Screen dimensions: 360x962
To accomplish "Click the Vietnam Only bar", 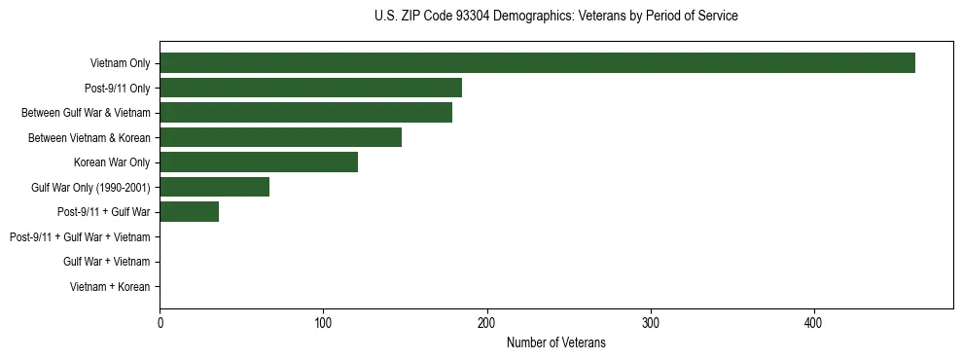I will [x=537, y=63].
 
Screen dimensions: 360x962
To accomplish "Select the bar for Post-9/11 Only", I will [x=310, y=88].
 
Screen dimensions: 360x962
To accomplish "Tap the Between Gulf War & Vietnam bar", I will [x=305, y=113].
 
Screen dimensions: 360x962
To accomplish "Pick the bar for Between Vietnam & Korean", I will [x=280, y=137].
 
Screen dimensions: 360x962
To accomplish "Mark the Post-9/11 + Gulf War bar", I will [x=189, y=212].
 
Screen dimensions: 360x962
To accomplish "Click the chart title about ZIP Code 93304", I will [x=555, y=17].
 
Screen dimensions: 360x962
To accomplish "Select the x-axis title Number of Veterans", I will [x=555, y=342].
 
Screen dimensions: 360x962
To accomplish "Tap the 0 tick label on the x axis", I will [x=160, y=324].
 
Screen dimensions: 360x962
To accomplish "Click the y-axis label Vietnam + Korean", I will [x=110, y=287].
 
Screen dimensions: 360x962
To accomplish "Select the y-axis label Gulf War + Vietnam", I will [x=106, y=262].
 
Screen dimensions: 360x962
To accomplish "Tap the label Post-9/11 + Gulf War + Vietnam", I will [x=80, y=237].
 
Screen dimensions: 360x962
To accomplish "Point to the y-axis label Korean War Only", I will [x=112, y=162].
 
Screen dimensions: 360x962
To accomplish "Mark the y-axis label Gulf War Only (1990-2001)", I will [x=89, y=187].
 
